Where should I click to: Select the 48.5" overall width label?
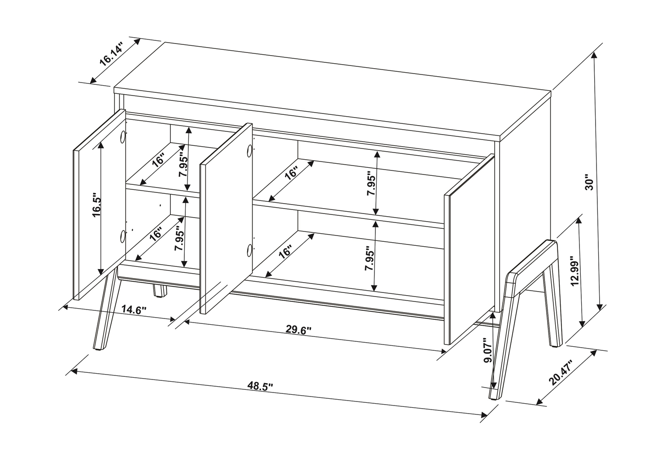click(260, 385)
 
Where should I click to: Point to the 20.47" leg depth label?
click(561, 372)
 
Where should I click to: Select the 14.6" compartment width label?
click(135, 310)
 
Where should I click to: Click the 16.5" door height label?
click(97, 206)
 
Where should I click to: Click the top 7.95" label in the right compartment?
click(371, 183)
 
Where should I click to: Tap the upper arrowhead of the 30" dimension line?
click(594, 55)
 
